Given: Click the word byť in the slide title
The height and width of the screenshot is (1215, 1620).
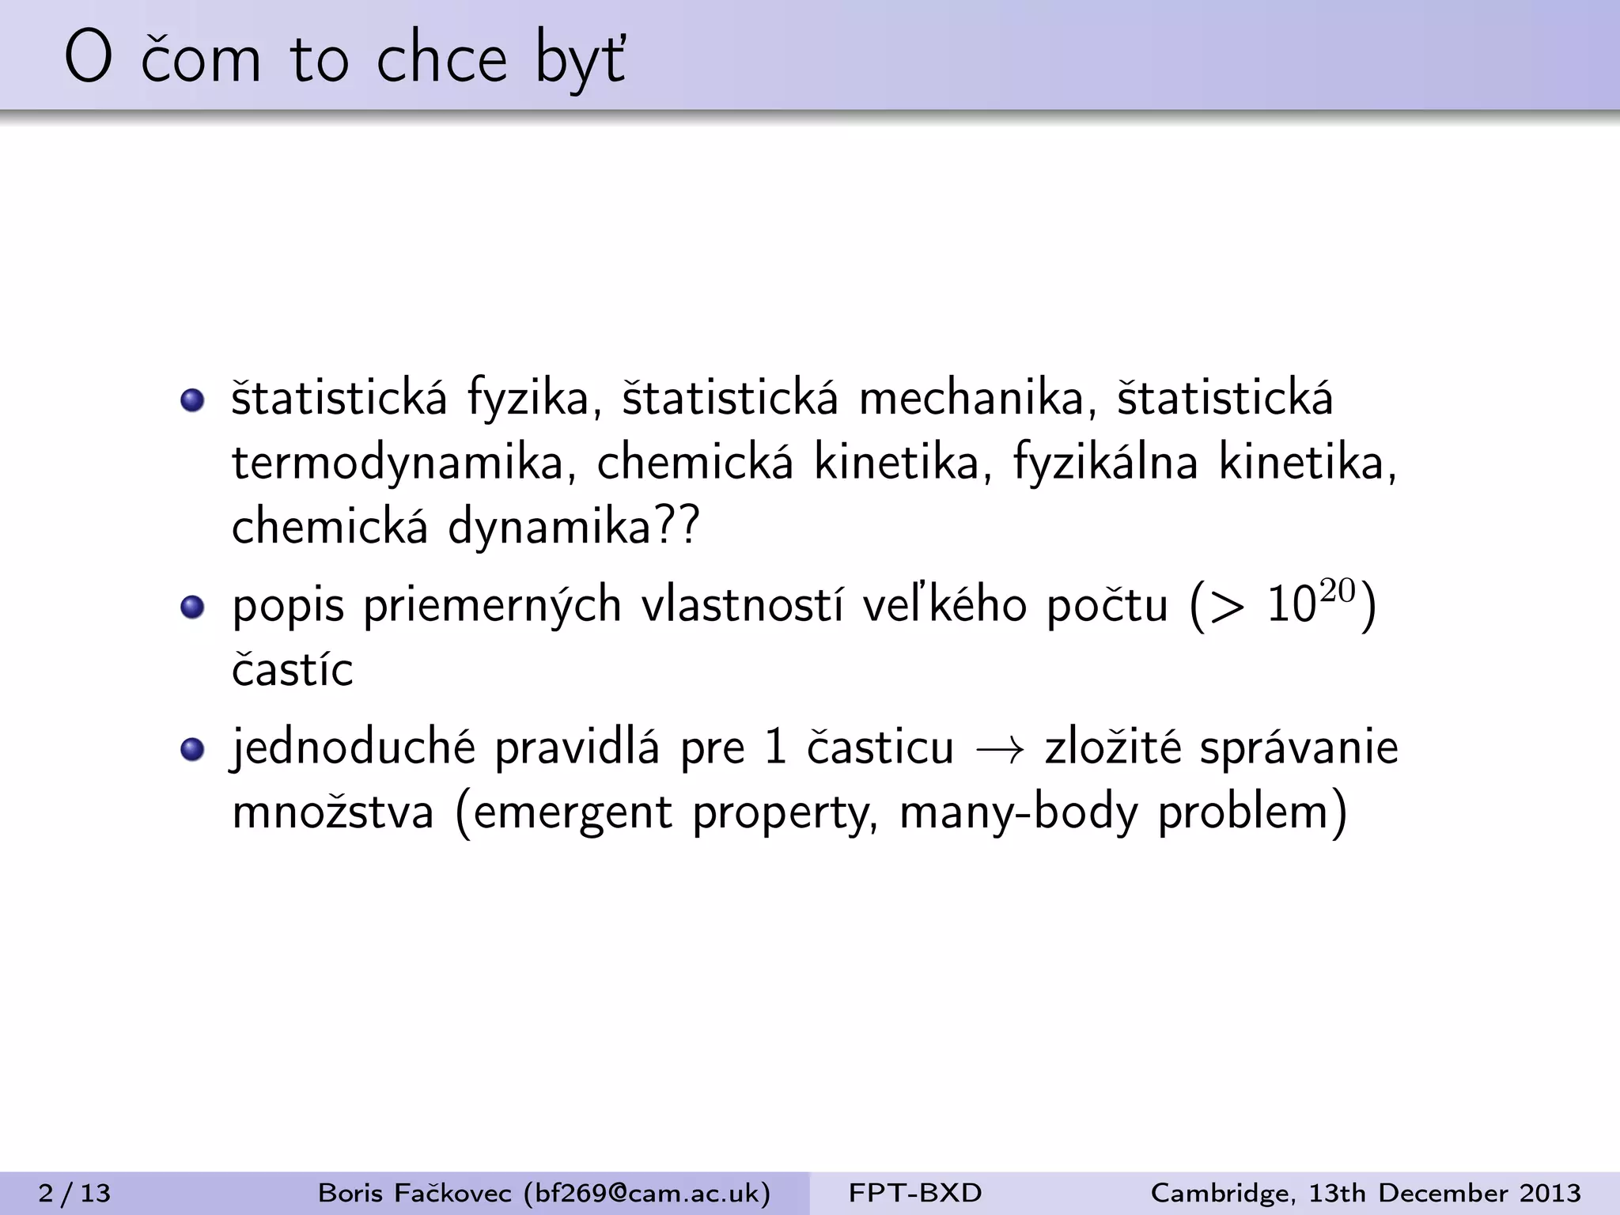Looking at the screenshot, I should tap(581, 60).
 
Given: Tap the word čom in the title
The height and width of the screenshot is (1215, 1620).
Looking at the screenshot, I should tap(201, 60).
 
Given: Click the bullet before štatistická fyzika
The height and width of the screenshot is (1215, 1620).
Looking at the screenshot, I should tap(192, 400).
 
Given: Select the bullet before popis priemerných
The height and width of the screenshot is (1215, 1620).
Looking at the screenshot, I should tap(192, 607).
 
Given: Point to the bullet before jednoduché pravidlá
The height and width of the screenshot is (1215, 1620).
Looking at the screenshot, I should tap(192, 749).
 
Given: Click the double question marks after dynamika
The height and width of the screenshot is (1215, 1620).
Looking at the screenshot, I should tap(678, 525).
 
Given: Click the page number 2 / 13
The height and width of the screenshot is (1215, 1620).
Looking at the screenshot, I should tap(74, 1193).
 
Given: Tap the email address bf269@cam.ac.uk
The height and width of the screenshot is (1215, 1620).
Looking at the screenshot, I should tap(647, 1193).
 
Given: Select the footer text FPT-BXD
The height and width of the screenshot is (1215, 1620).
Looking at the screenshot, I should tap(915, 1193).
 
